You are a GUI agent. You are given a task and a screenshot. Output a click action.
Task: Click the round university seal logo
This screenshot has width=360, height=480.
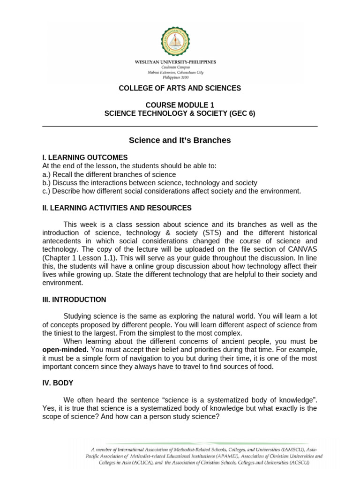point(180,42)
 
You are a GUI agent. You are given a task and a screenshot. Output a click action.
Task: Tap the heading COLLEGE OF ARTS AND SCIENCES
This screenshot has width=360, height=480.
point(180,88)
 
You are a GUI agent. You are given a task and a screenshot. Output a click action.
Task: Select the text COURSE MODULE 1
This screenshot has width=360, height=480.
point(180,105)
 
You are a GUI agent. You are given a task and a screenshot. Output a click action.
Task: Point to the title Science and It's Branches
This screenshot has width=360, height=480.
point(180,140)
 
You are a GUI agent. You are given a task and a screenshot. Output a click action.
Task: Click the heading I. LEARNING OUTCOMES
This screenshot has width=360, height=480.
point(85,157)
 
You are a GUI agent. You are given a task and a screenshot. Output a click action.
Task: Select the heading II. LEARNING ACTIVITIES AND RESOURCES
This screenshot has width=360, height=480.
point(117,208)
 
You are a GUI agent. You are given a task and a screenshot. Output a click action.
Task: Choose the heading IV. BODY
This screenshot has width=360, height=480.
point(58,383)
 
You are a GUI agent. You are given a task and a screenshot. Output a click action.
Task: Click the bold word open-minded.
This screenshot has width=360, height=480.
point(65,350)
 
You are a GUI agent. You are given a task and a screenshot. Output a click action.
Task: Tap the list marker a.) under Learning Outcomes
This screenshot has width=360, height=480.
point(46,174)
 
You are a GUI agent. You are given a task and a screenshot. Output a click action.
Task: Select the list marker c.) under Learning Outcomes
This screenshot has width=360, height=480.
point(46,191)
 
